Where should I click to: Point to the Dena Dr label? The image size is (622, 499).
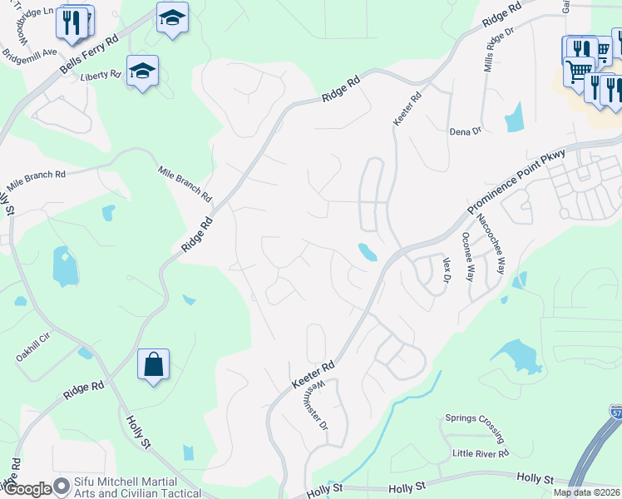(x=465, y=131)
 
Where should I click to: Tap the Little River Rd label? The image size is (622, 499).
(x=481, y=453)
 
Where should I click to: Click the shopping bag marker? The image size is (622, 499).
(x=153, y=364)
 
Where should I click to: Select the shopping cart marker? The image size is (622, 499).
(x=578, y=70)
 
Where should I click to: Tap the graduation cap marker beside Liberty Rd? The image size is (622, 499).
(x=142, y=72)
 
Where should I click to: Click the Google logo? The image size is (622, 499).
(x=27, y=488)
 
